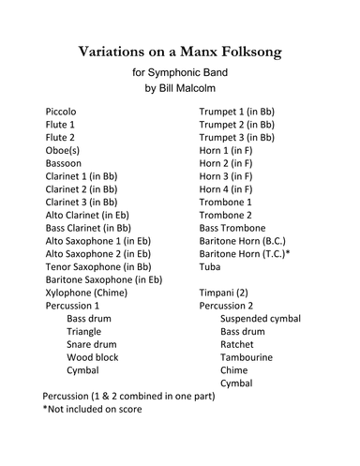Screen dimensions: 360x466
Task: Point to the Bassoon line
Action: click(65, 162)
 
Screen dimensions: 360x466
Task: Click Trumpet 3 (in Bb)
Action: click(237, 137)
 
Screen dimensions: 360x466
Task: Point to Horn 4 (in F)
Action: click(226, 188)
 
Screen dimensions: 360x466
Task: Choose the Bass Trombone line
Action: click(232, 228)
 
